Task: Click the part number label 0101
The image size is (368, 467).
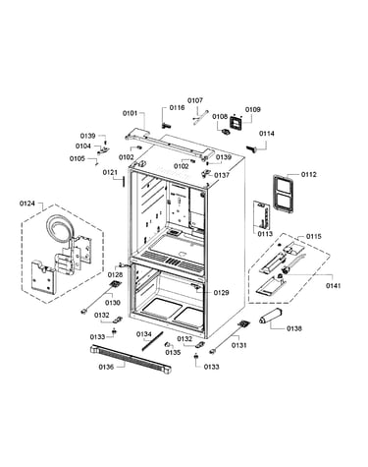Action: (x=130, y=113)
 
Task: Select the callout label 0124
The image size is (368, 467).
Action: (x=27, y=204)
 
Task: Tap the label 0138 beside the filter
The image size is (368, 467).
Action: (x=294, y=328)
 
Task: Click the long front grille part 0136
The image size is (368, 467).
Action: (x=131, y=360)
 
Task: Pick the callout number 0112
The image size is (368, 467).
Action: (x=309, y=174)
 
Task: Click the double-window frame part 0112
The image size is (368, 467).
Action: (x=284, y=195)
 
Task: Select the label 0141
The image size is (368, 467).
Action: (x=333, y=286)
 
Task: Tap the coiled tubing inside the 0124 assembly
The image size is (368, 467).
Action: (x=59, y=228)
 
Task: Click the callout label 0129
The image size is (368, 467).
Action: (x=221, y=293)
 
